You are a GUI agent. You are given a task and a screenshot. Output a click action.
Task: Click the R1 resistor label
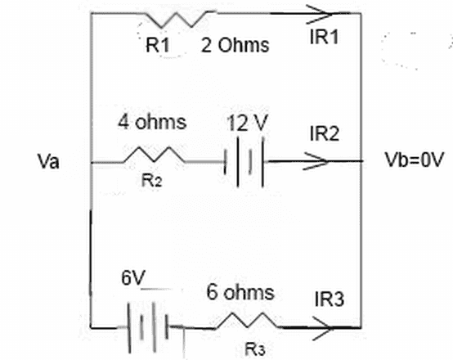pyautogui.click(x=158, y=45)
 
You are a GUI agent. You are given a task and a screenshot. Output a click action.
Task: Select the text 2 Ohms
pyautogui.click(x=235, y=45)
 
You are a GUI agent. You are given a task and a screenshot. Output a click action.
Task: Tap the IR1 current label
pyautogui.click(x=324, y=37)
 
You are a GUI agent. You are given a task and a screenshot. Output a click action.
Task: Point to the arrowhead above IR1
pyautogui.click(x=319, y=14)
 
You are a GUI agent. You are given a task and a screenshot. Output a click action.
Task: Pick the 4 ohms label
pyautogui.click(x=152, y=122)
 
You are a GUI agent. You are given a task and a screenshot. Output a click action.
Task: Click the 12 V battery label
pyautogui.click(x=248, y=123)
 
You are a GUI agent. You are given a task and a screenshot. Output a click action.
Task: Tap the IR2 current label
pyautogui.click(x=324, y=133)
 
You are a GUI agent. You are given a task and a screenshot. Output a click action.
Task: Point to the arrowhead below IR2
pyautogui.click(x=316, y=161)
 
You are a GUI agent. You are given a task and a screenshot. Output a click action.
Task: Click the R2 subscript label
pyautogui.click(x=151, y=181)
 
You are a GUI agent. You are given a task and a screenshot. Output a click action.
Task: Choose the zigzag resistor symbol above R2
pyautogui.click(x=154, y=155)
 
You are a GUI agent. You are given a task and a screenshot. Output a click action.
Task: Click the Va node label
pyautogui.click(x=48, y=160)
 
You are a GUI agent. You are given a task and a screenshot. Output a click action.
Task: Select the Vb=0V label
pyautogui.click(x=414, y=160)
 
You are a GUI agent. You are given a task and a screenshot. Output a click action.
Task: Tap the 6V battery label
pyautogui.click(x=133, y=277)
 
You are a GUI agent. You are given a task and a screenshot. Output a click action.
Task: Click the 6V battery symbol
pyautogui.click(x=148, y=327)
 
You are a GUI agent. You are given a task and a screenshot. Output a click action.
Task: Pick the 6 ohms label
pyautogui.click(x=240, y=292)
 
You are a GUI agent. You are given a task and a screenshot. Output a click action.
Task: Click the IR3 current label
pyautogui.click(x=330, y=299)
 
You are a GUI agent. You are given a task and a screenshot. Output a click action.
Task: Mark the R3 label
pyautogui.click(x=254, y=349)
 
